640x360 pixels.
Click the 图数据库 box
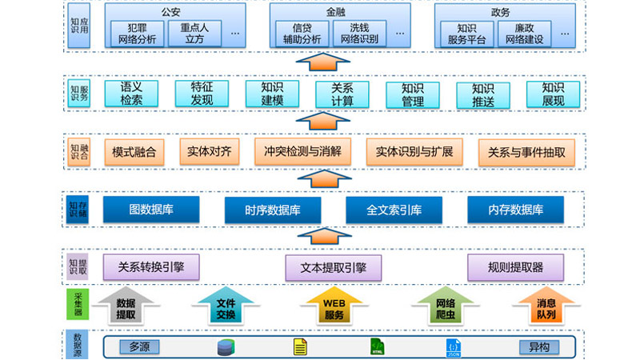(x=150, y=210)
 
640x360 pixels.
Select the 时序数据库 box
(x=273, y=210)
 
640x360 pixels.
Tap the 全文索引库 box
(x=394, y=210)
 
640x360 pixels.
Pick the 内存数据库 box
(x=516, y=210)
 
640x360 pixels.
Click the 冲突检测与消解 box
(x=302, y=151)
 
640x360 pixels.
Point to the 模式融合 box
(x=134, y=151)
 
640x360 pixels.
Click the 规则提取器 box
(x=516, y=266)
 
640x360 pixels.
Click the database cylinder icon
(x=226, y=347)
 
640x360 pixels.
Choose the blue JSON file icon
(x=454, y=347)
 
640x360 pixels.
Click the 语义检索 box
(x=132, y=94)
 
